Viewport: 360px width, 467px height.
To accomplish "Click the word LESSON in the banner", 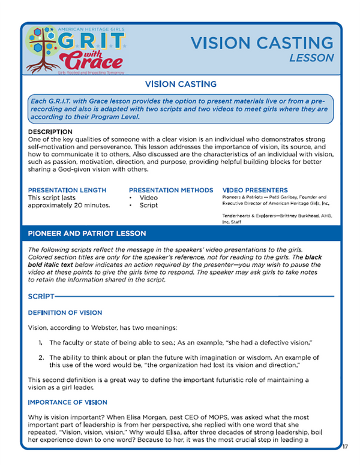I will click(311, 58).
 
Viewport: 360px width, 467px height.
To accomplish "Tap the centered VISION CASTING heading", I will click(180, 85).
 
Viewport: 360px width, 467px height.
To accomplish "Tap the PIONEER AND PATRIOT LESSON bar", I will click(180, 233).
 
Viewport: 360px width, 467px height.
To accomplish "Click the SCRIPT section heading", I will click(41, 296).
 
